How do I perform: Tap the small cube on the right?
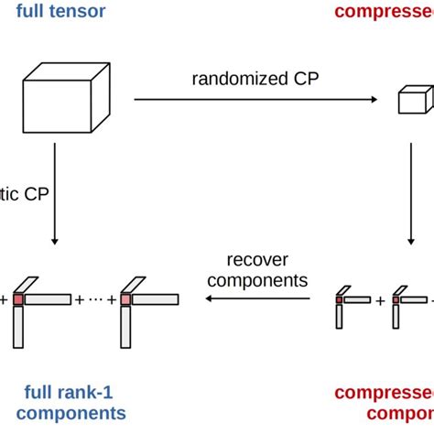[413, 100]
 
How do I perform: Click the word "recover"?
[259, 259]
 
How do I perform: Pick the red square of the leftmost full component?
[18, 299]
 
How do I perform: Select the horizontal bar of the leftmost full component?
[48, 299]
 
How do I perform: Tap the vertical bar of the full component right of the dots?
[125, 327]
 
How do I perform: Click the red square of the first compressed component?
[339, 299]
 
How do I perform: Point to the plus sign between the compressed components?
[383, 299]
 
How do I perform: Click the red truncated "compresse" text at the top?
[385, 12]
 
